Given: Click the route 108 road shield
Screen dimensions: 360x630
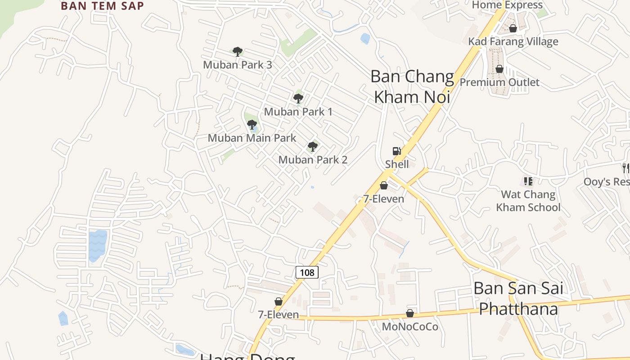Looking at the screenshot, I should click(307, 272).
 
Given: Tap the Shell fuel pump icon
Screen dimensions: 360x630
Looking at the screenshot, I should click(396, 151).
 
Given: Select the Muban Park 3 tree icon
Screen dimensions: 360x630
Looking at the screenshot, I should click(237, 52).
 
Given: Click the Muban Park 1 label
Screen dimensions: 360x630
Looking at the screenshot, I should click(298, 111).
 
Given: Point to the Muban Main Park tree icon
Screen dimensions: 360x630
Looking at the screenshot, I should click(252, 125).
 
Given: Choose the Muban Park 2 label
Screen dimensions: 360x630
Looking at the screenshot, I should click(313, 159).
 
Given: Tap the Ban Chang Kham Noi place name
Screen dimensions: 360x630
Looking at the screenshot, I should click(412, 86).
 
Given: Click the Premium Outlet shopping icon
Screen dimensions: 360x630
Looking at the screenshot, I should click(499, 69).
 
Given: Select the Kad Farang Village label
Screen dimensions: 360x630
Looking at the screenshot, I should click(513, 41).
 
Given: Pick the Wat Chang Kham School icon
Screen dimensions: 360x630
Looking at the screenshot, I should click(528, 181).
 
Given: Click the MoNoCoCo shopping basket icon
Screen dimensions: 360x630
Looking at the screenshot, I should click(410, 313).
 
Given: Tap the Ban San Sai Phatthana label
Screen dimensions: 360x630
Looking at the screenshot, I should click(518, 298).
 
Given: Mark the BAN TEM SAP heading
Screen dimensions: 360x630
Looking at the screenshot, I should click(102, 6).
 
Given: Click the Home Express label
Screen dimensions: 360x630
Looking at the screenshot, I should click(507, 5).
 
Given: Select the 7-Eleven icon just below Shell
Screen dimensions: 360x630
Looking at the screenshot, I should click(384, 185).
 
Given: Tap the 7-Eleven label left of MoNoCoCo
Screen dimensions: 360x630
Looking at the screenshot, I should click(278, 315).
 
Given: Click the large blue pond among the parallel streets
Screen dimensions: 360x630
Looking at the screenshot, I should click(98, 245).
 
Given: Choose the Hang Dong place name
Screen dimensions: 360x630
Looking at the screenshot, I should click(247, 356).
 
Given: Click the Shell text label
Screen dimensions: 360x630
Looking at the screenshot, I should click(397, 164).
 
